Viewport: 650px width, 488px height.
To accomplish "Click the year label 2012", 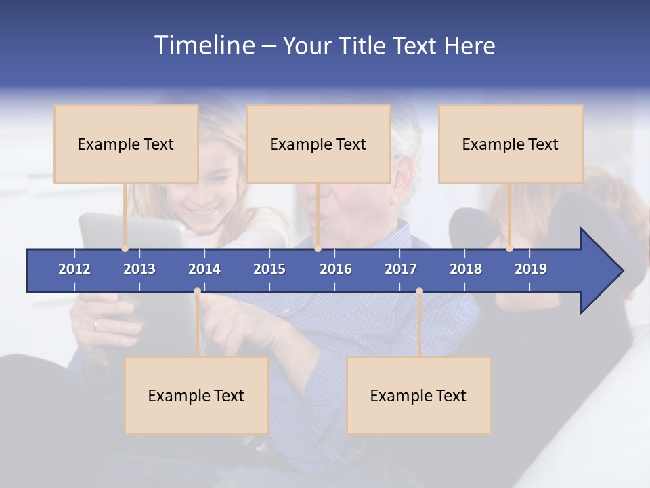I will coord(74,269).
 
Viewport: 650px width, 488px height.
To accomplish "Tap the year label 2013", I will coord(139,269).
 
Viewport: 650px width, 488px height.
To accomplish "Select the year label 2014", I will coord(204,269).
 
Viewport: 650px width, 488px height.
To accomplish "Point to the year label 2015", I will coord(269,269).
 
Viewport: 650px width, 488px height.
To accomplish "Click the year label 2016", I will coord(336,269).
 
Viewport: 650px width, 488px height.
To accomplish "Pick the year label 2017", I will coord(401,269).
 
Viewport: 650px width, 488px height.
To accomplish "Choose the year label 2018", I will coord(466,269).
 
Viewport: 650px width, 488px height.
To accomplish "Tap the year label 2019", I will coord(531,269).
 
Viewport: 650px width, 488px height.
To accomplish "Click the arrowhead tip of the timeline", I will coord(621,271).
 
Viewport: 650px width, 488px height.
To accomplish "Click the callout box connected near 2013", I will coord(126,144).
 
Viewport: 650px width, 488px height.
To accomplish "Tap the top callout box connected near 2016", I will coord(318,144).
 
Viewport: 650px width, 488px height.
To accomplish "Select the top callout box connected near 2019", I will coord(511,144).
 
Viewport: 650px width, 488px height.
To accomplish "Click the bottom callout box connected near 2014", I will coord(196,395).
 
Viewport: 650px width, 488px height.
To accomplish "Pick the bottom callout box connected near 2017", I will coord(418,395).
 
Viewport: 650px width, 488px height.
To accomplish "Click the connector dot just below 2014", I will coord(197,291).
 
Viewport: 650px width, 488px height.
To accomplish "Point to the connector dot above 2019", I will coord(509,248).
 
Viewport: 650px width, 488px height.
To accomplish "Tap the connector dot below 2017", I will coord(419,291).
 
